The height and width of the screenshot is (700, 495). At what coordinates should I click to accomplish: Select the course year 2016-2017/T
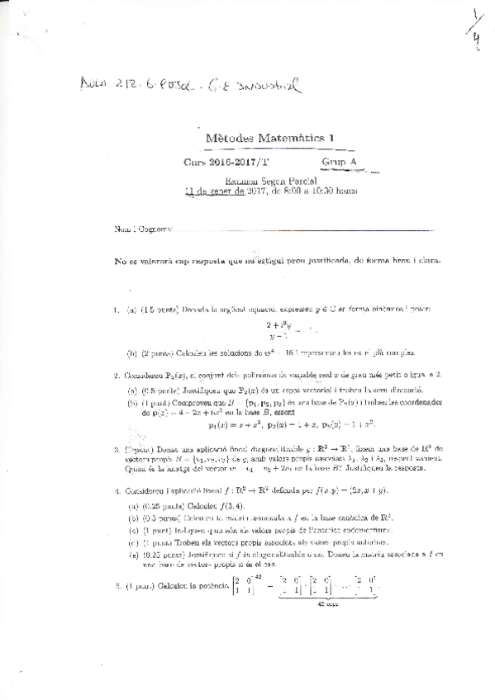[240, 163]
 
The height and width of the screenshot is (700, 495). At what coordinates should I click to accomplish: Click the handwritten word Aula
[97, 83]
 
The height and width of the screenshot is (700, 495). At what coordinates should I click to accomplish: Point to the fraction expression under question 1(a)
[276, 331]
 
